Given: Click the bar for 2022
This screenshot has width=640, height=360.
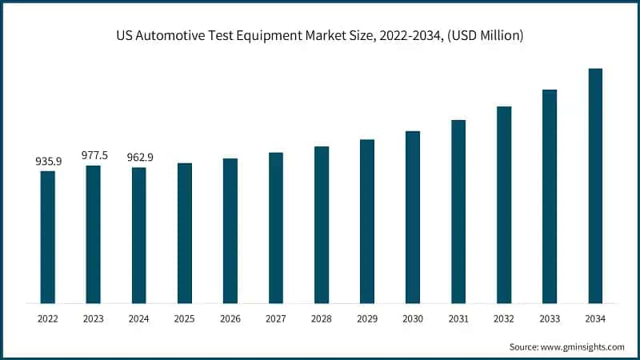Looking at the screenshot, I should tap(48, 237).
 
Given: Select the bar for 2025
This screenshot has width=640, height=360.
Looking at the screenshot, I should tap(185, 233).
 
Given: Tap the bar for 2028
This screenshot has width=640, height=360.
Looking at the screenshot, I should tap(322, 225).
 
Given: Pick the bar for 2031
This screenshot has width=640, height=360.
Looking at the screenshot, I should tap(458, 211).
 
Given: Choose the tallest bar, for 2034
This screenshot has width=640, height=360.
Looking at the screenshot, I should tap(595, 186).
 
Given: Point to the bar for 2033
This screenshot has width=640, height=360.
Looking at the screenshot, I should tap(550, 196).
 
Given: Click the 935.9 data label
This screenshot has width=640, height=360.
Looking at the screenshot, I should tap(48, 161).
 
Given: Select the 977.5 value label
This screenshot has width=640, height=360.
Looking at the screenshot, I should tap(94, 156).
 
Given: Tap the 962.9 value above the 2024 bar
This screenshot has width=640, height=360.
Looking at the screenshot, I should tap(139, 158).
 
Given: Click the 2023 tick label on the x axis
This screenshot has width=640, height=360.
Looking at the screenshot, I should tap(94, 318).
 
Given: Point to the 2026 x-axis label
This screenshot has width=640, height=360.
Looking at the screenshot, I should tap(230, 318).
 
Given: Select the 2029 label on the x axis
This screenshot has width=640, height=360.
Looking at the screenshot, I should tap(367, 318).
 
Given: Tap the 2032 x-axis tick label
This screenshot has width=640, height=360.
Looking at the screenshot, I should tap(504, 318).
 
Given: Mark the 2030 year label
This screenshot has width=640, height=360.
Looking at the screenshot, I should tap(413, 318).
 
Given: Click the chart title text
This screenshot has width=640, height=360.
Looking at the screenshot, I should tap(320, 37).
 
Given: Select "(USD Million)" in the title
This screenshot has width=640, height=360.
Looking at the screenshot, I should tap(484, 37).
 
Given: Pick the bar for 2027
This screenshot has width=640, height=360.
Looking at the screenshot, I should tap(276, 228).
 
